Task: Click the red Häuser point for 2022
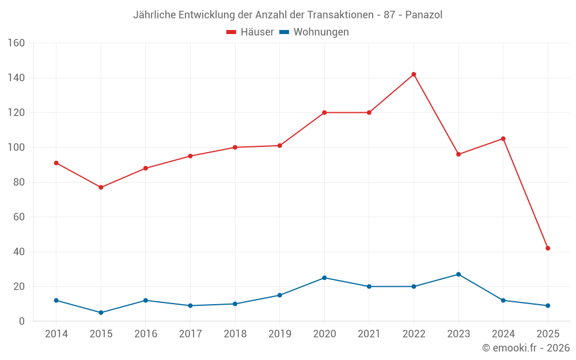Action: tap(414, 74)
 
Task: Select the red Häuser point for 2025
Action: tap(548, 248)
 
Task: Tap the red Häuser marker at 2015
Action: tap(101, 187)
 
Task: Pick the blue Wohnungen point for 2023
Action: tap(458, 274)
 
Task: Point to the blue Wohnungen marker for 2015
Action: tap(101, 313)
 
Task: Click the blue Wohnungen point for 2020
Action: tap(324, 278)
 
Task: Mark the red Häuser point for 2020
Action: tap(324, 112)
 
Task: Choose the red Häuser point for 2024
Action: tap(503, 139)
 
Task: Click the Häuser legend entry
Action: tap(250, 32)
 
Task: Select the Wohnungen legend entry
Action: tap(314, 32)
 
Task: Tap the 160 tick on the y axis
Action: tap(17, 43)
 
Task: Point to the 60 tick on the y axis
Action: tap(19, 217)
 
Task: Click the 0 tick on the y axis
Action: tap(22, 321)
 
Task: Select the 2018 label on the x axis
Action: tap(235, 334)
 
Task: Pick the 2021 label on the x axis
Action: tap(369, 334)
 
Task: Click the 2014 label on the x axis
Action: tap(56, 334)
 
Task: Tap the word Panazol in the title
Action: tap(423, 15)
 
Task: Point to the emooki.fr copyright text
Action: tap(525, 348)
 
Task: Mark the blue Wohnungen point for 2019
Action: tap(279, 295)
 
